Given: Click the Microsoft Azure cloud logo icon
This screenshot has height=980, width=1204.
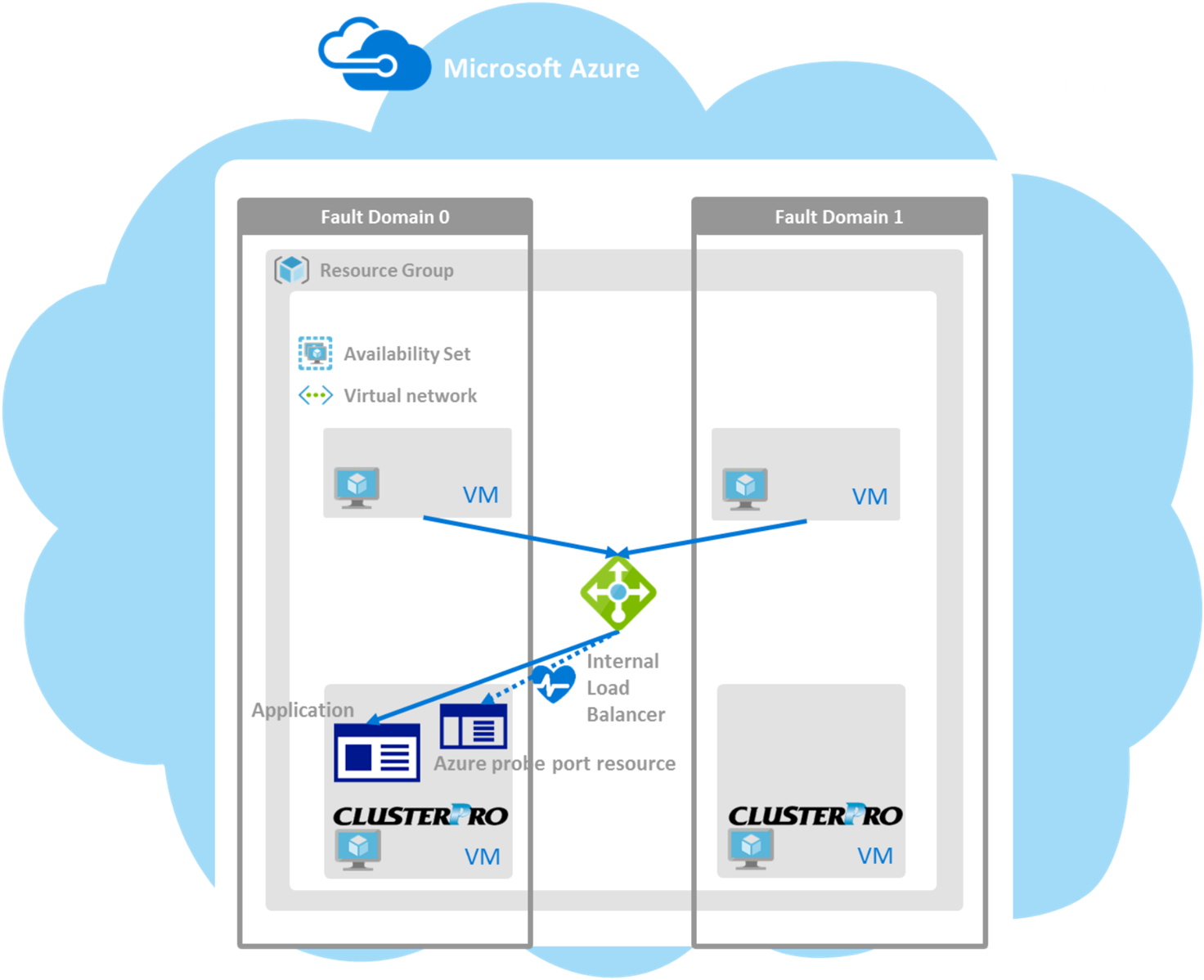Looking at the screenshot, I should pos(374,55).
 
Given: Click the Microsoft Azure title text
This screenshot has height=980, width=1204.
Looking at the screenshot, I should pos(541,69).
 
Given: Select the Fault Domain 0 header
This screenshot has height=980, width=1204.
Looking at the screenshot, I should pos(384,217).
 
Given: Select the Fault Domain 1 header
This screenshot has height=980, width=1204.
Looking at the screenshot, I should pos(838,217).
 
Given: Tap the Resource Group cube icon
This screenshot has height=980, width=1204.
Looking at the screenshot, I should pos(291,269).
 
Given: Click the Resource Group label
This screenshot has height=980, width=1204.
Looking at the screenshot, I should pos(386,271).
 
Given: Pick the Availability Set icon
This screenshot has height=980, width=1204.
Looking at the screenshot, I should pos(315,353).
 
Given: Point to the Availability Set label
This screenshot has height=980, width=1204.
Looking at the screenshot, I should pos(407,354).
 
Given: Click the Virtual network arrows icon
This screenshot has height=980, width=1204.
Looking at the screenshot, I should pos(315,396).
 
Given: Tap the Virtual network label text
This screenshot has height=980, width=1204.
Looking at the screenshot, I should pos(410,396).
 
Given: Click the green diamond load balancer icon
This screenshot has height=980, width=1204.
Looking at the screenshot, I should pos(618,592).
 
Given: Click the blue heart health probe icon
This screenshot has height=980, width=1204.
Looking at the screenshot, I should pos(553,683).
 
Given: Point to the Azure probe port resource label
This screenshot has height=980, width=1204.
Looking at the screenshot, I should pos(555,764).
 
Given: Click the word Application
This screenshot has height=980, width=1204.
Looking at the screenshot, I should pos(303,710).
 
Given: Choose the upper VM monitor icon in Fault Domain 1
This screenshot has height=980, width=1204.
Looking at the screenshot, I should pos(745,488).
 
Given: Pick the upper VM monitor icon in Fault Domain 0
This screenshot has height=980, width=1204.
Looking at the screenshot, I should pos(357,488).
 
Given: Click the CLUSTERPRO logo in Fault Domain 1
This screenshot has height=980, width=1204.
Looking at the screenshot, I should pos(815,816).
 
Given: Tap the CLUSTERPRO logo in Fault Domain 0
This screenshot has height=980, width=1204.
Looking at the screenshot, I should pos(420,816).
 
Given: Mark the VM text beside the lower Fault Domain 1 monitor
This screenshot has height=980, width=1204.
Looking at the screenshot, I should pos(874,856).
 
